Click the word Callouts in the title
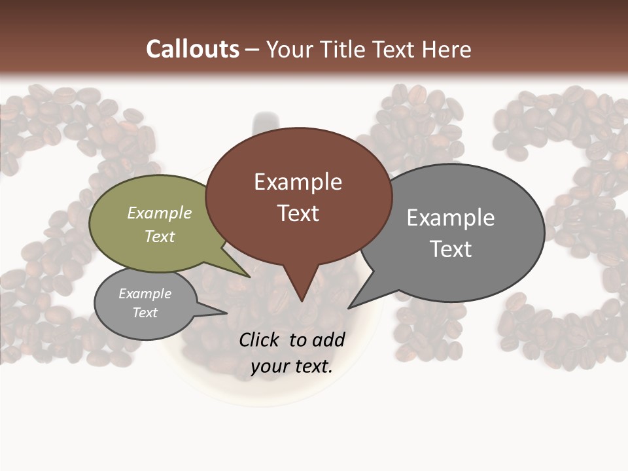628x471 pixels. pos(192,49)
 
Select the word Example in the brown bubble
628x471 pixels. pos(298,182)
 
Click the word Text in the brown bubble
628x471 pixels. pos(298,213)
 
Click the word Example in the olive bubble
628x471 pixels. pos(160,213)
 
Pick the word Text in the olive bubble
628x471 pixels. pos(160,236)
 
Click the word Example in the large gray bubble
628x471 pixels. pos(451,217)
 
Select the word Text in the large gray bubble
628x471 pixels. pos(451,249)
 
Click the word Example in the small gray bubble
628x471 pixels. pos(145,294)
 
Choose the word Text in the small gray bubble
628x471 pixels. pos(145,313)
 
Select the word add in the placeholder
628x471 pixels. pos(329,340)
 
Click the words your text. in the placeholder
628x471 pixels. pos(292,366)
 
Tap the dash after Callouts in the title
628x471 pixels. pos(253,50)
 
